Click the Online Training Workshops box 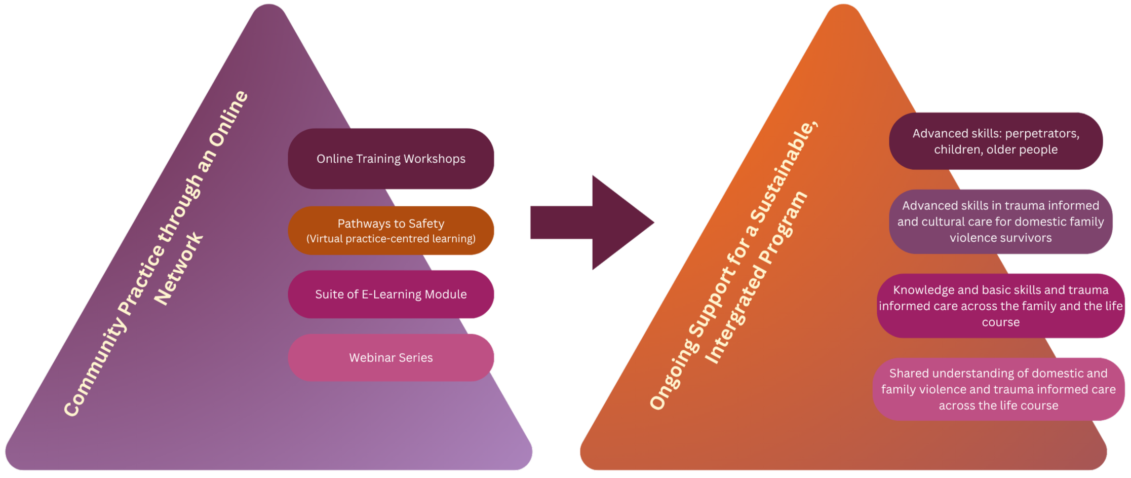point(391,159)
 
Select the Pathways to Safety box point(391,231)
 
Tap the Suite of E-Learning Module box point(391,295)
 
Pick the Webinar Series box point(391,358)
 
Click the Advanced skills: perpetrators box point(996,141)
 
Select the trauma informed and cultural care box point(1000,222)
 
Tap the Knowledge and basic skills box point(1000,306)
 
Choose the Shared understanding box point(998,389)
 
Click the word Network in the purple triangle point(178,269)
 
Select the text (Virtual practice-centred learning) point(391,239)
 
